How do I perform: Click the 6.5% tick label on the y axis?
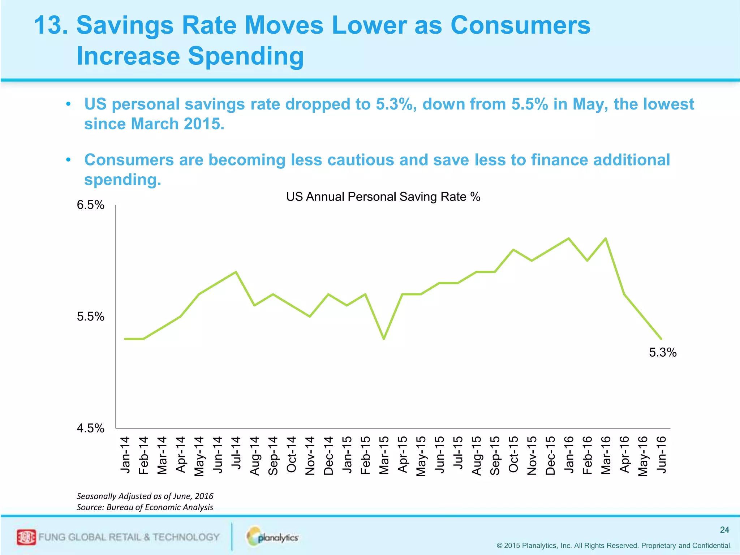(x=90, y=205)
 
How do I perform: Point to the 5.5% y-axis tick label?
(x=90, y=317)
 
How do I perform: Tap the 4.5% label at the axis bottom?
(x=90, y=428)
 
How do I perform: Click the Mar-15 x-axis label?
(x=384, y=455)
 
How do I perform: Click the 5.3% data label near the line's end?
(x=663, y=352)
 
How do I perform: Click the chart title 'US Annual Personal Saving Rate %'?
(x=383, y=197)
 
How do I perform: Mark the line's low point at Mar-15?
(x=384, y=339)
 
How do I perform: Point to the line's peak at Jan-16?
(x=569, y=238)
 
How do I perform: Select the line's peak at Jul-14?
(x=236, y=272)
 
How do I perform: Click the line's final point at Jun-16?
(x=661, y=339)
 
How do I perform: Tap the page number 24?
(x=724, y=530)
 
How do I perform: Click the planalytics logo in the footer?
(x=273, y=537)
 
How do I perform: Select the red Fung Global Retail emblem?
(x=26, y=537)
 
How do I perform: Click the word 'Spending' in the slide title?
(x=246, y=56)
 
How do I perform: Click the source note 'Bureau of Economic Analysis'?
(x=160, y=507)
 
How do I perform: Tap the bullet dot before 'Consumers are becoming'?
(x=68, y=160)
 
